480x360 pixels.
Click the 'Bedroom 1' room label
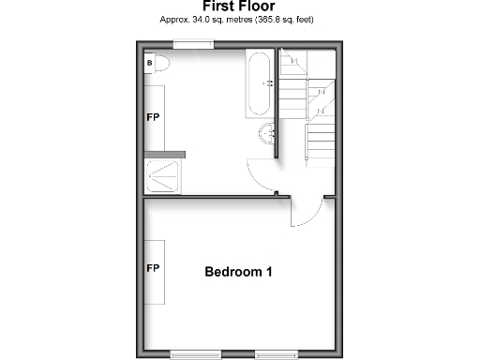pos(239,273)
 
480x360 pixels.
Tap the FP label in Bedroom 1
pos(152,268)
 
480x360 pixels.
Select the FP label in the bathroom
pos(152,119)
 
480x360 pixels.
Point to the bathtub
pos(260,84)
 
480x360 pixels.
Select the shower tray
pos(165,175)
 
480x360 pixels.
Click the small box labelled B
pos(149,63)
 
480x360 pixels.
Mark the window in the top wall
pos(195,43)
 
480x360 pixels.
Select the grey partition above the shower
pos(165,154)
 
